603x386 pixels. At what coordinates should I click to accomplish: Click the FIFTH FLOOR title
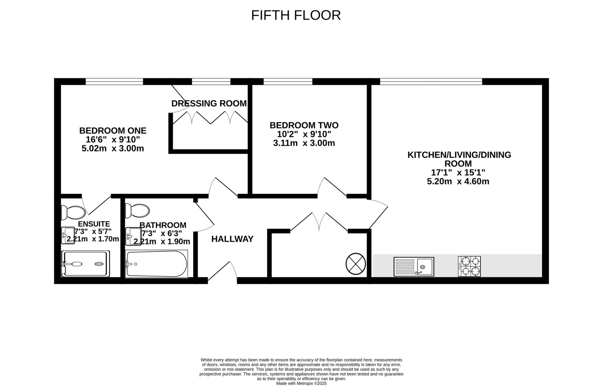coord(296,15)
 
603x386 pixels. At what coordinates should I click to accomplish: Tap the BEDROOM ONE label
coord(113,130)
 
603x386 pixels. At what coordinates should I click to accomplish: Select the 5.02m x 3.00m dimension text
coord(113,148)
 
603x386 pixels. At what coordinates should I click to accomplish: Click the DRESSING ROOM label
coord(209,103)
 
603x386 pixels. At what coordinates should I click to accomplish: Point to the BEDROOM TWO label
coord(304,125)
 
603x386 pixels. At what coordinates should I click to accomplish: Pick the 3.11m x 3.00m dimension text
coord(304,143)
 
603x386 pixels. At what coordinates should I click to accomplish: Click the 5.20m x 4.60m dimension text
coord(458,181)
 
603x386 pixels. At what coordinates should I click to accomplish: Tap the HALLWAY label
coord(232,239)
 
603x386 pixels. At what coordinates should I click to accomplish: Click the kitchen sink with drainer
coord(414,267)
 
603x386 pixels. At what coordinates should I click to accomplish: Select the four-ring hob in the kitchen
coord(469,266)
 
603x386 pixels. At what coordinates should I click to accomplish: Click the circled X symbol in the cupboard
coord(356,264)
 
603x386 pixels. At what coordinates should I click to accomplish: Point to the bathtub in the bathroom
coord(156,264)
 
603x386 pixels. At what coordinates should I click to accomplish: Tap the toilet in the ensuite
coord(73,212)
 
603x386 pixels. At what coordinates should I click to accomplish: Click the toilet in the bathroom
coord(137,210)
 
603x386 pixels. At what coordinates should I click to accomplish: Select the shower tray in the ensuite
coord(86,264)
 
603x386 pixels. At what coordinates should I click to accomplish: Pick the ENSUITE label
coord(94,224)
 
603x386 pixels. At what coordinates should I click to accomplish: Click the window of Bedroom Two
coord(288,82)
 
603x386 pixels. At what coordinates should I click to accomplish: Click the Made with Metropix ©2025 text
coord(301,383)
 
